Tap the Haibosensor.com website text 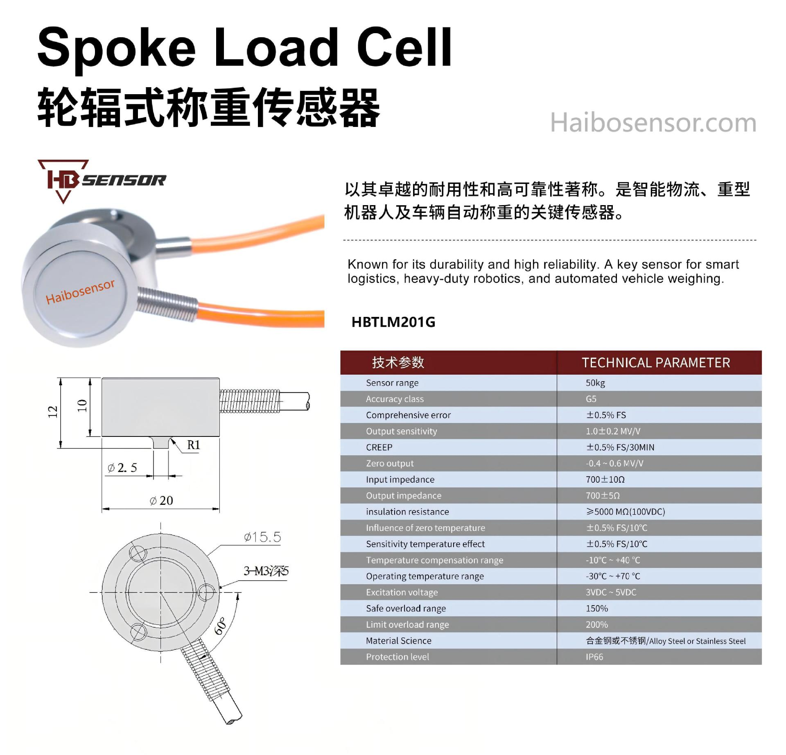[653, 122]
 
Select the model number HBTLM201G [393, 322]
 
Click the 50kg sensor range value [595, 383]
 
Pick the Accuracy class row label [395, 399]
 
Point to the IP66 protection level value [594, 657]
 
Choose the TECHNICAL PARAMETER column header [656, 363]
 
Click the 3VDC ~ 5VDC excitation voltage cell [611, 592]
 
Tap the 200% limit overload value [596, 625]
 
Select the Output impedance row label [403, 496]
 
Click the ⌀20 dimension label [162, 500]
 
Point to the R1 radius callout [193, 445]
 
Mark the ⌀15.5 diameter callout [262, 537]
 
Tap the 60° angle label [220, 626]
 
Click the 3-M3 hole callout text [266, 571]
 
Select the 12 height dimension [52, 412]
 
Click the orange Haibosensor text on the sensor [80, 292]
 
